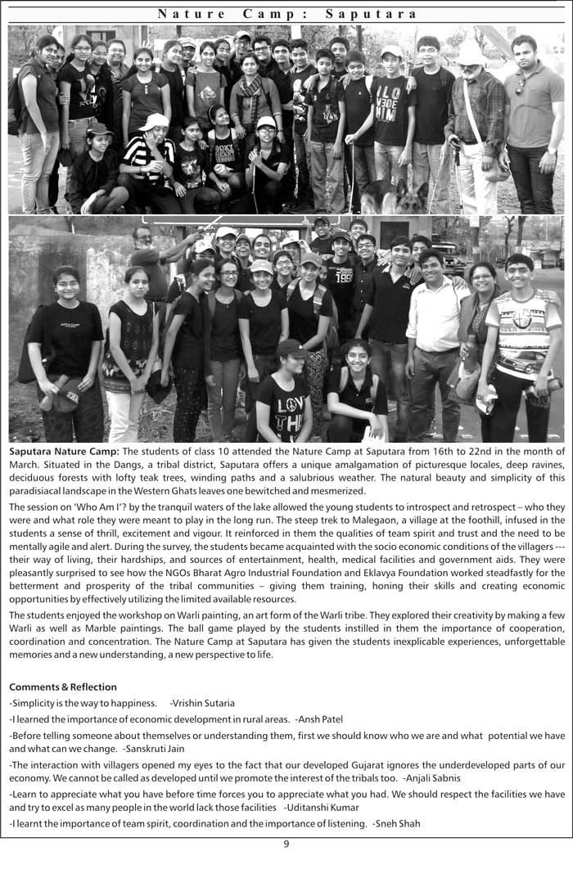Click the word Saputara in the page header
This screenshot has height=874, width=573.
pos(372,14)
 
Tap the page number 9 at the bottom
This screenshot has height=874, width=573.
pos(286,845)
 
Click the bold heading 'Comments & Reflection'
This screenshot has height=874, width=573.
pos(63,687)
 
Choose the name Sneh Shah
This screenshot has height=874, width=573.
pos(396,823)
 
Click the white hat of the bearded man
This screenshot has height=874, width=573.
pos(471,52)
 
